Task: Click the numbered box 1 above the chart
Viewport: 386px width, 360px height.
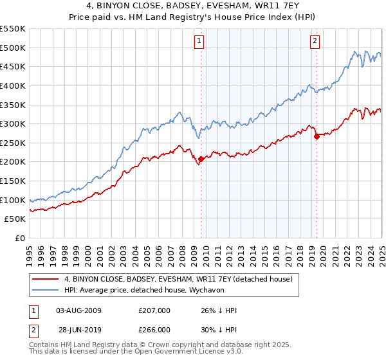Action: click(200, 42)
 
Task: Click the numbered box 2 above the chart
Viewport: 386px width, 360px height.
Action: click(315, 42)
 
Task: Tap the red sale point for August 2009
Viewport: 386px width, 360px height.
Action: click(201, 159)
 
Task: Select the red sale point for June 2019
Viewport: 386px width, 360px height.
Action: click(317, 136)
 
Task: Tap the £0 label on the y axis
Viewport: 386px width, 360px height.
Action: click(19, 238)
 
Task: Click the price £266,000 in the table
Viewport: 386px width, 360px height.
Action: click(154, 330)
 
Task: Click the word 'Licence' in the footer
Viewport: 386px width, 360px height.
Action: click(193, 352)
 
